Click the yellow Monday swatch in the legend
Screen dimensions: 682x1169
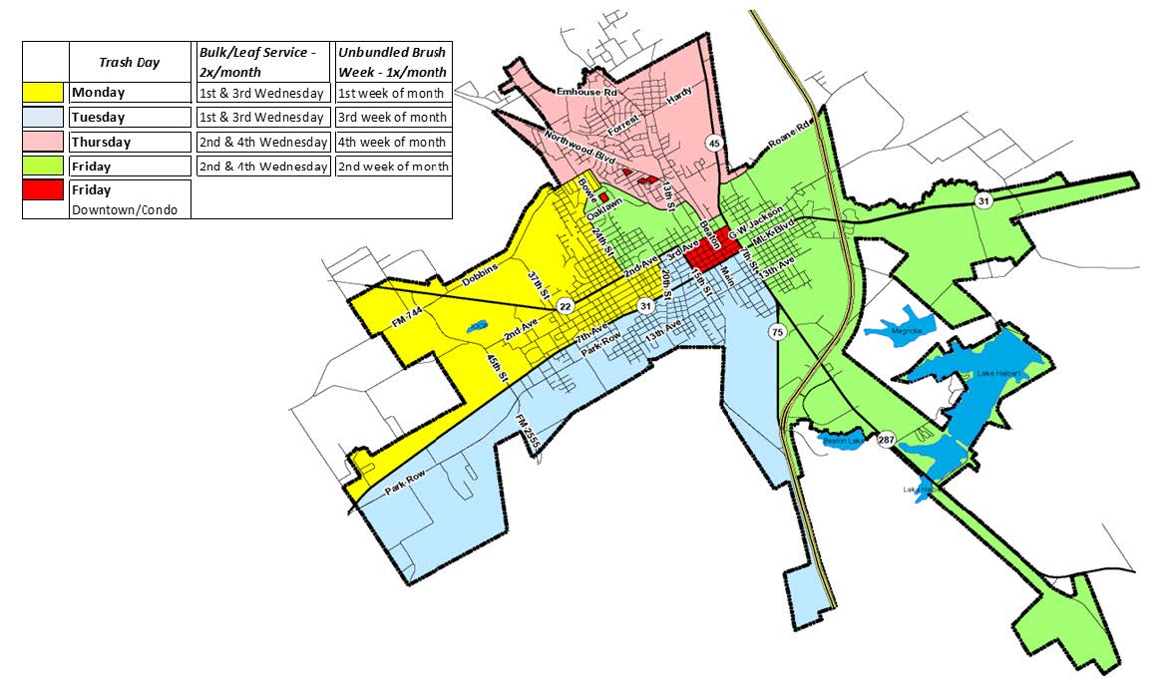tap(46, 93)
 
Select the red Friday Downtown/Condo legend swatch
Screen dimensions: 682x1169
tap(46, 189)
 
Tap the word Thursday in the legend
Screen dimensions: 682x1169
tap(101, 142)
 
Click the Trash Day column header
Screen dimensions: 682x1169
tap(129, 62)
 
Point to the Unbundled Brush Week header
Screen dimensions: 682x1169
tap(392, 62)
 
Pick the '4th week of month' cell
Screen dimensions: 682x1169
tap(392, 142)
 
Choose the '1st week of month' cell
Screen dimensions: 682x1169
tap(392, 93)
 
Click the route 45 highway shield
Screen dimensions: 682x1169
tap(713, 144)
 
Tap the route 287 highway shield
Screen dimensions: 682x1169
tap(887, 440)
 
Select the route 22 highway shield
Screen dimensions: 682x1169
tap(565, 305)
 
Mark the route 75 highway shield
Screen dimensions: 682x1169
tap(777, 331)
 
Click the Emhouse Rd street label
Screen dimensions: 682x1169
tap(587, 92)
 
